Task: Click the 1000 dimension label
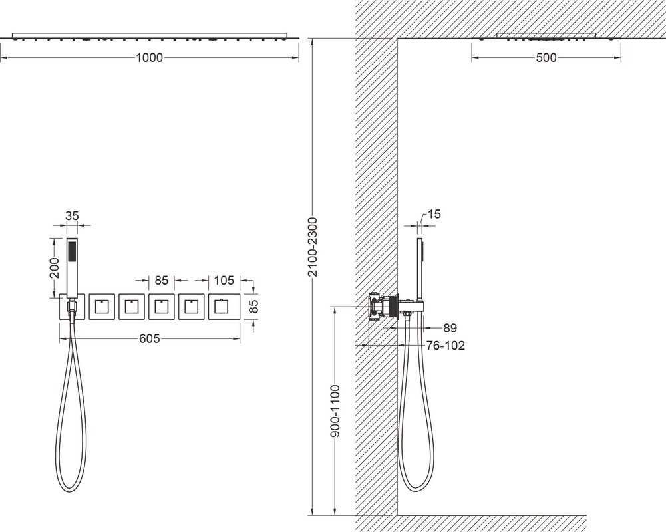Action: pyautogui.click(x=149, y=57)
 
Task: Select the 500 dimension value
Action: pyautogui.click(x=546, y=57)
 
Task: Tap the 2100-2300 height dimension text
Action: pyautogui.click(x=313, y=247)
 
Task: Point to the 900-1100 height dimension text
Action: pyautogui.click(x=335, y=411)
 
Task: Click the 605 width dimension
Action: pyautogui.click(x=150, y=338)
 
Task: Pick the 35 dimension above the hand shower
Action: pyautogui.click(x=73, y=215)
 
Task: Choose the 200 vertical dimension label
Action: pyautogui.click(x=55, y=267)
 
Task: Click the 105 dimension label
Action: pyautogui.click(x=224, y=280)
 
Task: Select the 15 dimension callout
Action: pyautogui.click(x=434, y=214)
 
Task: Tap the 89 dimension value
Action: pyautogui.click(x=450, y=328)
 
